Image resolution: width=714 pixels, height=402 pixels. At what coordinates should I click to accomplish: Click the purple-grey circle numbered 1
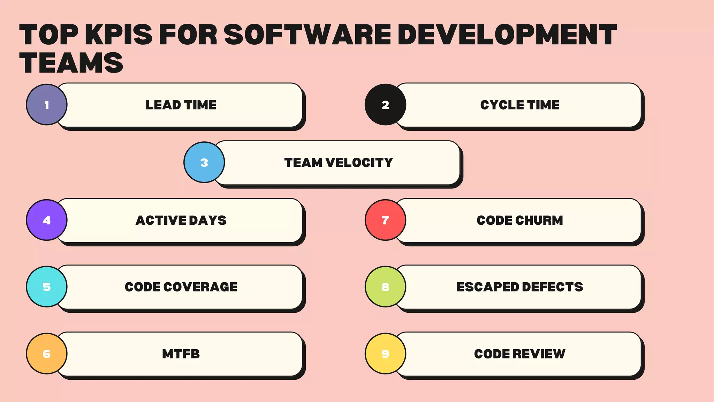tap(47, 105)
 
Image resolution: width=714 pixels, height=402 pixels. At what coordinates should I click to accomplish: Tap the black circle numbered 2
tap(385, 105)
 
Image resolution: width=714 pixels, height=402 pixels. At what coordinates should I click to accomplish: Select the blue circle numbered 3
tap(204, 162)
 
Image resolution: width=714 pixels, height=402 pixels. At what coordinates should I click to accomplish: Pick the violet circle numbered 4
tap(47, 220)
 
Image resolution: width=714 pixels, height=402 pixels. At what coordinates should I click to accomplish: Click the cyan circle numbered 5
tap(47, 287)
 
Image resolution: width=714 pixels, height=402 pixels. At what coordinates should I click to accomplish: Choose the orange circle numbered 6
tap(47, 354)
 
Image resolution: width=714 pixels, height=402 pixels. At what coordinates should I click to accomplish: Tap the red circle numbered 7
tap(385, 220)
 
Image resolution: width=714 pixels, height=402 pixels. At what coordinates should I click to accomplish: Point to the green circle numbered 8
tap(385, 287)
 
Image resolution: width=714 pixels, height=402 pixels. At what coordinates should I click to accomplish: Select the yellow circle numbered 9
tap(385, 354)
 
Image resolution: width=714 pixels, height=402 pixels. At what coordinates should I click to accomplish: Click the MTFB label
tap(181, 354)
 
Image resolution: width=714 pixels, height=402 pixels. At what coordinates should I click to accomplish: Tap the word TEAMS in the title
tap(71, 63)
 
